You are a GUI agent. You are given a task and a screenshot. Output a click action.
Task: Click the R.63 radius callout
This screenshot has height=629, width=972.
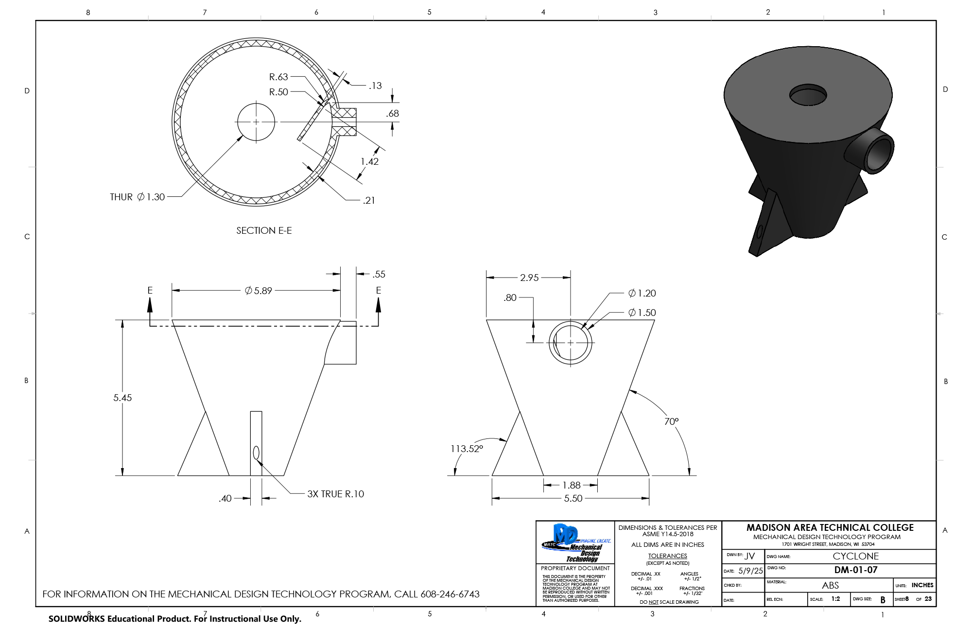pyautogui.click(x=278, y=77)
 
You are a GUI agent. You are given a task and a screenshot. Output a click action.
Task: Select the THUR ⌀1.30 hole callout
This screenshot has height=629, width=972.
pyautogui.click(x=138, y=197)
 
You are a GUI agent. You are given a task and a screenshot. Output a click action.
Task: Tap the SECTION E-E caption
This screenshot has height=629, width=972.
pyautogui.click(x=264, y=230)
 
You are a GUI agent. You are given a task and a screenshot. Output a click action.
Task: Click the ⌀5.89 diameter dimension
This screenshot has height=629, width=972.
pyautogui.click(x=259, y=291)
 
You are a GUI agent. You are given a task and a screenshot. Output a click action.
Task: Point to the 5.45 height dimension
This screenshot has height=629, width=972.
pyautogui.click(x=122, y=398)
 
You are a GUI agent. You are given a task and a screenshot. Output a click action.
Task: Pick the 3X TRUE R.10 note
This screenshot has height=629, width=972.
pyautogui.click(x=335, y=494)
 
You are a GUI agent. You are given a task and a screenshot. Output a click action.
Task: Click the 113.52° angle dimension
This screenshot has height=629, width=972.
pyautogui.click(x=467, y=449)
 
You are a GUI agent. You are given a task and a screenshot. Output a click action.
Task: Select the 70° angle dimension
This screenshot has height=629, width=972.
pyautogui.click(x=671, y=421)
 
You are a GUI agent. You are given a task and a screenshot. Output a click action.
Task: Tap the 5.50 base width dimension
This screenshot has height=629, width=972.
pyautogui.click(x=573, y=498)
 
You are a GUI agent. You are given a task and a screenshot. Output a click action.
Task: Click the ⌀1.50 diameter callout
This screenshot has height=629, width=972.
pyautogui.click(x=642, y=313)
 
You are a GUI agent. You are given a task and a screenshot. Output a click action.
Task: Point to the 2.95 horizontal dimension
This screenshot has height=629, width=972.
pyautogui.click(x=529, y=278)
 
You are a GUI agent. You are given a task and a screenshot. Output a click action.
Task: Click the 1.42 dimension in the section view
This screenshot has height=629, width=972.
pyautogui.click(x=369, y=161)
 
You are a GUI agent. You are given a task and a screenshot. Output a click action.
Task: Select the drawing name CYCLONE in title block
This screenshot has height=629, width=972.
pyautogui.click(x=855, y=556)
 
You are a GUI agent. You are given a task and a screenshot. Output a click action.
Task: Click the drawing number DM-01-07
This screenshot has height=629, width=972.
pyautogui.click(x=855, y=570)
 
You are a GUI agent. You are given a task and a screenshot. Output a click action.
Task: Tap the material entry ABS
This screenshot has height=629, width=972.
pyautogui.click(x=830, y=585)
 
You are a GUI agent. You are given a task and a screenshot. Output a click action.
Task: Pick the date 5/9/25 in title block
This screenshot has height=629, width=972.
pyautogui.click(x=750, y=571)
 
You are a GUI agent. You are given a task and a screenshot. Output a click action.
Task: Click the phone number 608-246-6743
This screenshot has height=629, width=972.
pyautogui.click(x=450, y=594)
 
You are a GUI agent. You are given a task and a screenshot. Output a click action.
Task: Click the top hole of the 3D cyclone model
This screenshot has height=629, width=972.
pyautogui.click(x=808, y=95)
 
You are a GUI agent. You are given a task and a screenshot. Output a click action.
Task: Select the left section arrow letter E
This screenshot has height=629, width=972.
pyautogui.click(x=150, y=290)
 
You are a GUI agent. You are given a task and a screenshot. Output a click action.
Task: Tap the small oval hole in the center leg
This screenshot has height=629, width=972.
pyautogui.click(x=256, y=453)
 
